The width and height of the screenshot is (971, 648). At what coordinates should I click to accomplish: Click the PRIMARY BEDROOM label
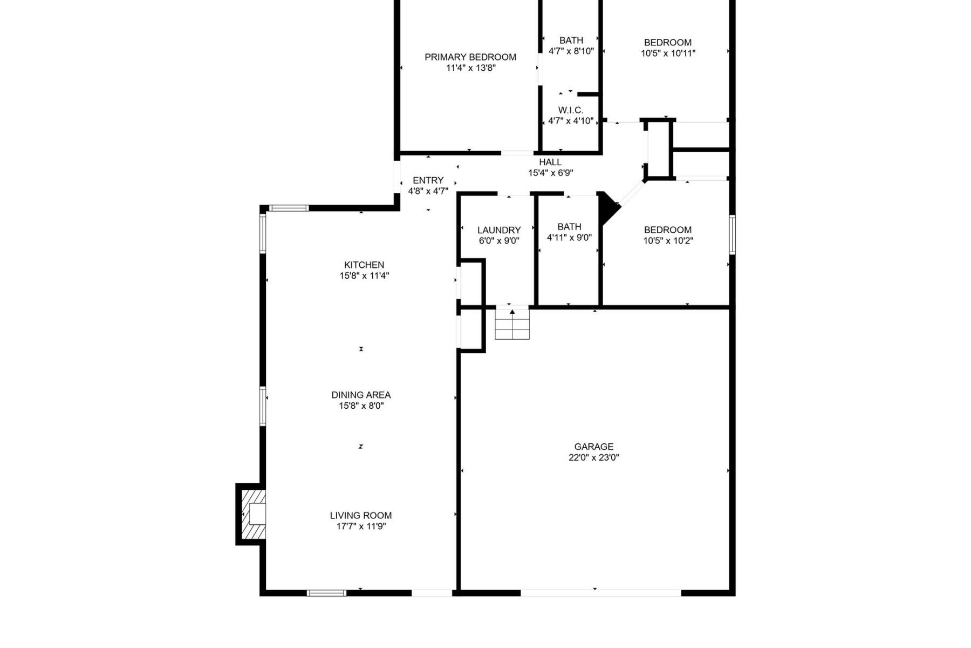(470, 57)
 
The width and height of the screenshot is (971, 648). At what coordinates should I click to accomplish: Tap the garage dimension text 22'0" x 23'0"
(593, 457)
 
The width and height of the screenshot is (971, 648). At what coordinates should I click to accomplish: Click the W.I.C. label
(571, 110)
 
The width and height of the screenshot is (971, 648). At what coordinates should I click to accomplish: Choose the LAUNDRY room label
(499, 230)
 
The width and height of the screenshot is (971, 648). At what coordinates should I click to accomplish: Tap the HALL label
(550, 162)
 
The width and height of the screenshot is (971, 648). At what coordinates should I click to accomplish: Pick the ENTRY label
(428, 180)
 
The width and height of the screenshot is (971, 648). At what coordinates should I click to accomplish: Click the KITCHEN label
(364, 265)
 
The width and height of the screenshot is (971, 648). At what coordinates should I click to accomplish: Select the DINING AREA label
(361, 395)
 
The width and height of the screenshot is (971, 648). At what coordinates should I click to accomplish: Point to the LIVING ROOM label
(361, 515)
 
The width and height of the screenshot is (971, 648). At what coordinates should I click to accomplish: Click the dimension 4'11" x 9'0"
(569, 238)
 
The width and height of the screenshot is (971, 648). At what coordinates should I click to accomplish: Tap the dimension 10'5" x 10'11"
(668, 53)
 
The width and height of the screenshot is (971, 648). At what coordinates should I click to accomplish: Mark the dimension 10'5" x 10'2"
(668, 241)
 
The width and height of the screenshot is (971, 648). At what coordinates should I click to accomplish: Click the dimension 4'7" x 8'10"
(571, 51)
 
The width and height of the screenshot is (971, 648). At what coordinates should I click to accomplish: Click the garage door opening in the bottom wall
(600, 593)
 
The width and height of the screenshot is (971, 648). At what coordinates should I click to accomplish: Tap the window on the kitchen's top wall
(289, 208)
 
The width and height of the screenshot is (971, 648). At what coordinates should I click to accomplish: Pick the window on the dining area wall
(263, 406)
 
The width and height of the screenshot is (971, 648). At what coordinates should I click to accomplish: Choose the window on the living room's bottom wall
(326, 593)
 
